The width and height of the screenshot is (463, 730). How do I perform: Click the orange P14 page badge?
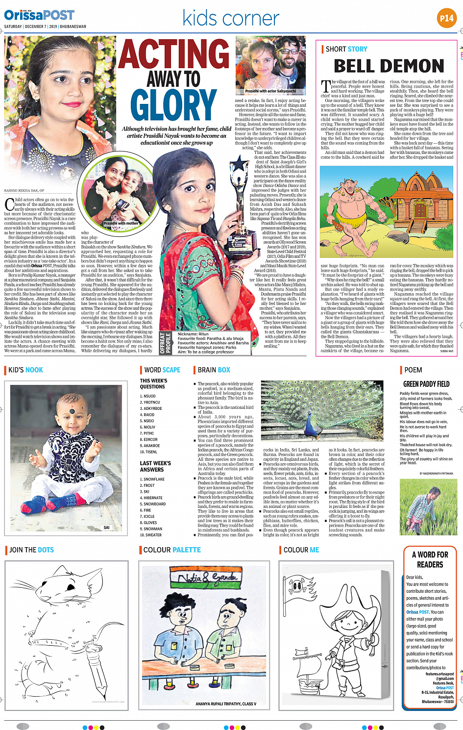446,18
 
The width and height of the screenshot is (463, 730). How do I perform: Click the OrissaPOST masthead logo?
39,15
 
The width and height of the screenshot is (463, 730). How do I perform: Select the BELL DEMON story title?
389,66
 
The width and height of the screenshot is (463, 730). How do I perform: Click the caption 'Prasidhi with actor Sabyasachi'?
270,91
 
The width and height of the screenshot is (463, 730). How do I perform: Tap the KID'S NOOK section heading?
25,370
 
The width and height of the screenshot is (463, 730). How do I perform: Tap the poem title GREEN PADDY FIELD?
426,384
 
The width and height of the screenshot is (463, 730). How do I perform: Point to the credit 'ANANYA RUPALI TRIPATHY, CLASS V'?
226,704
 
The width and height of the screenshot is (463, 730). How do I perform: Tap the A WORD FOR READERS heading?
430,559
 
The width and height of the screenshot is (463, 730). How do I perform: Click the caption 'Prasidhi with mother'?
121,223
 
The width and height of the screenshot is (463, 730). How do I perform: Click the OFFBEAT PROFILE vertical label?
165,343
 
